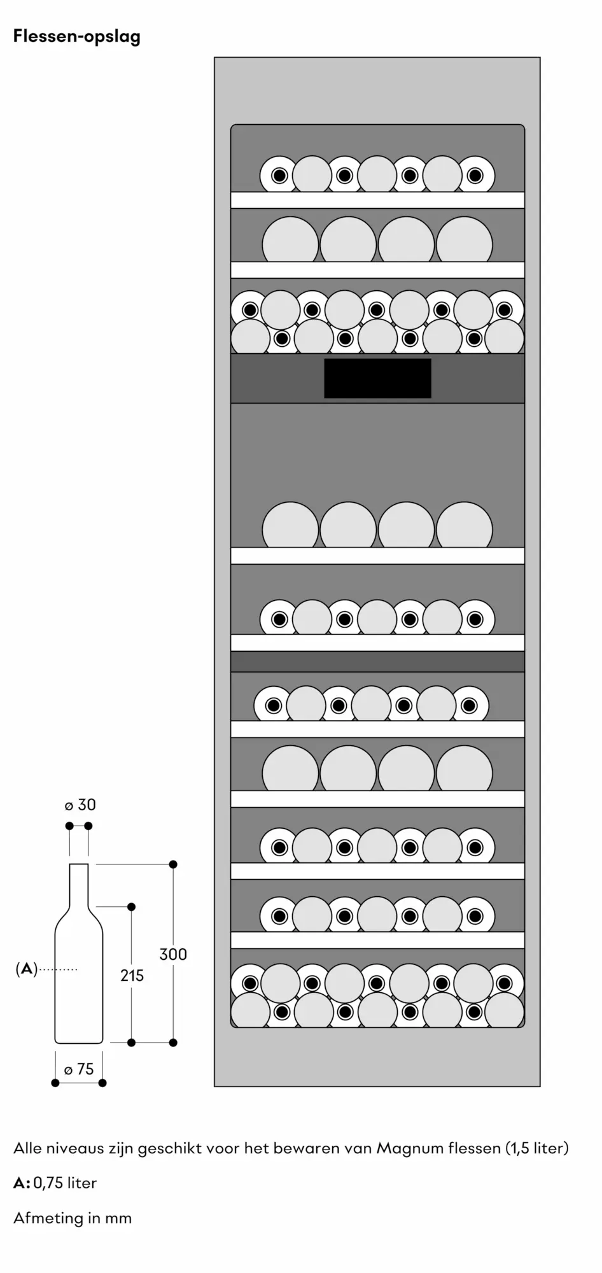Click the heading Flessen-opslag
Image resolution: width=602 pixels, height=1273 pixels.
77,37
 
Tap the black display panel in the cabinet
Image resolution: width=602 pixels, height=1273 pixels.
377,378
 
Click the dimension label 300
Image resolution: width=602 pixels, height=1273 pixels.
173,954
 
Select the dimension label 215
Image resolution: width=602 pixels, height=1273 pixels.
132,975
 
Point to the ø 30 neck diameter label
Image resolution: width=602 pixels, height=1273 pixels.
80,805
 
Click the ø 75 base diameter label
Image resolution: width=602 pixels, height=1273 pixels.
78,1069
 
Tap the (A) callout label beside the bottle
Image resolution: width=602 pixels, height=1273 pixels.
26,969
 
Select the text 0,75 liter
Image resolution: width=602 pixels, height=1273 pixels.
65,1183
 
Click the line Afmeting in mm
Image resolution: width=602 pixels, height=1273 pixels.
73,1218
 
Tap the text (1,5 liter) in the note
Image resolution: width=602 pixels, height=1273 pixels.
537,1148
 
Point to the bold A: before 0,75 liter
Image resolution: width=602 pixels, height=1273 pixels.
22,1183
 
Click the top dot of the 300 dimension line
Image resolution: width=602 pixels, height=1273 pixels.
173,864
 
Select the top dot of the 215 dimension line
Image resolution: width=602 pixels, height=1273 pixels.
132,906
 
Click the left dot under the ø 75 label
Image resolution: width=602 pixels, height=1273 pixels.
55,1083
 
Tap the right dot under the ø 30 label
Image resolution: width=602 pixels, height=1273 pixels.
88,826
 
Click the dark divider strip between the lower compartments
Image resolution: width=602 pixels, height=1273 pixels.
377,661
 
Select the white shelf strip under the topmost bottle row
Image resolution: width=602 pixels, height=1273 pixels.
377,200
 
